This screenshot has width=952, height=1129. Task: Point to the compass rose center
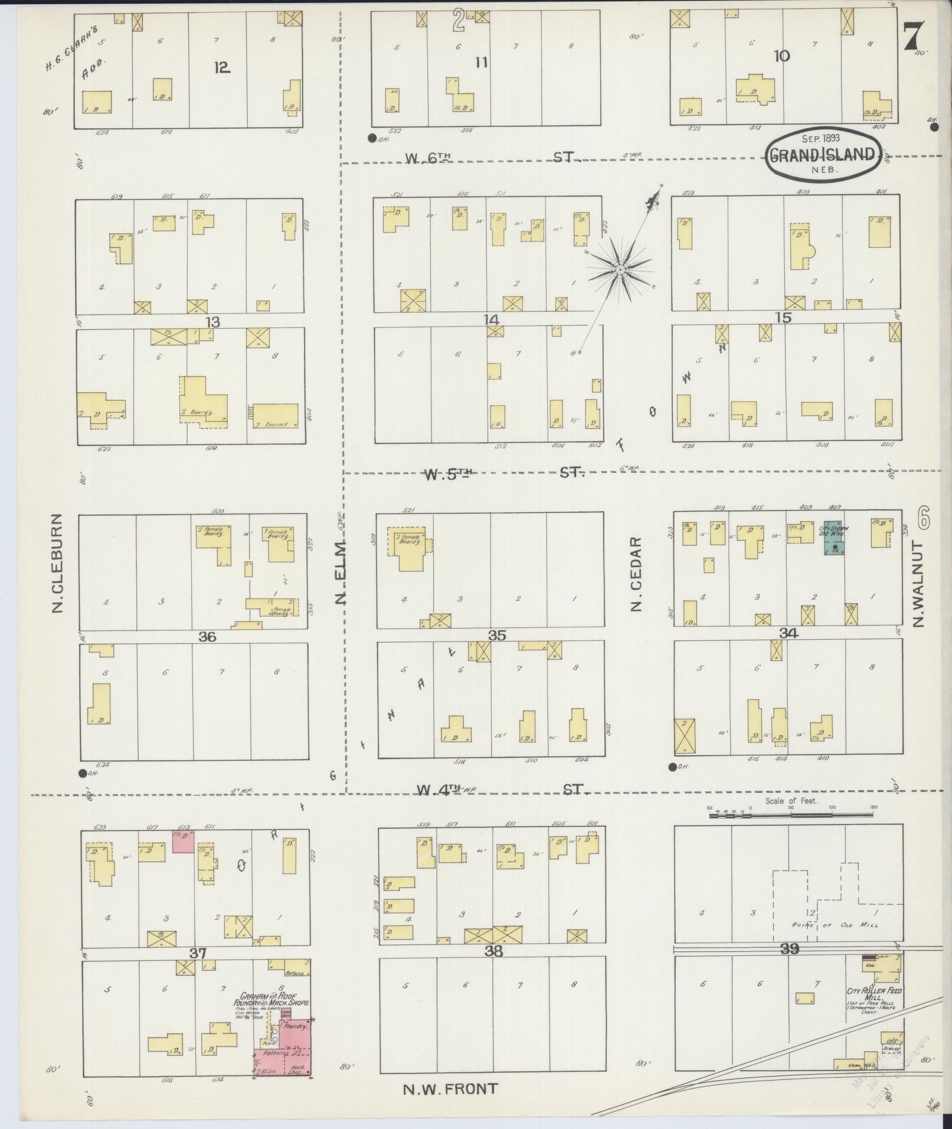tap(620, 270)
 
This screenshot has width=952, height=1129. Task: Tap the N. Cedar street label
tap(636, 574)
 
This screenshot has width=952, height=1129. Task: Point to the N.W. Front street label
tap(450, 1089)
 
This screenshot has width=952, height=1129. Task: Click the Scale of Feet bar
tap(791, 815)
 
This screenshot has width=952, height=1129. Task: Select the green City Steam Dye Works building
tap(834, 538)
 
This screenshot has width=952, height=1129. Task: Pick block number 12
tap(221, 67)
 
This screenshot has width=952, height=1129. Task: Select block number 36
tap(207, 636)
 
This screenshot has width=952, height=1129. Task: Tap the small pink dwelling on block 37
tap(184, 841)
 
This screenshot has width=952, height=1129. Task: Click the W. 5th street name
tap(449, 474)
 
